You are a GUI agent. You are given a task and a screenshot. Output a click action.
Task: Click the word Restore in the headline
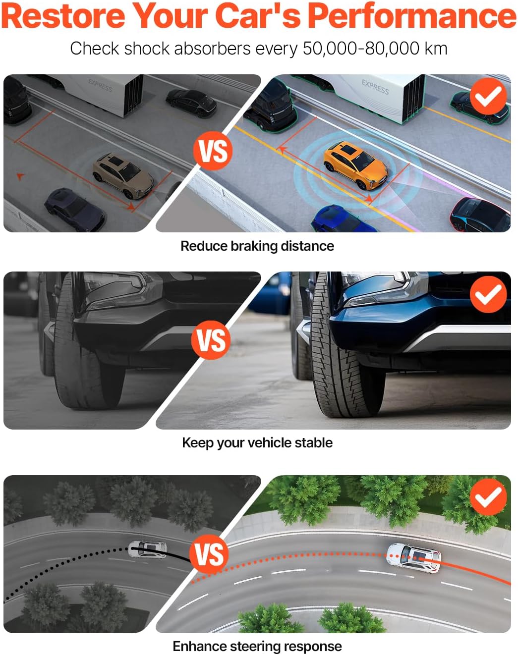(x=63, y=15)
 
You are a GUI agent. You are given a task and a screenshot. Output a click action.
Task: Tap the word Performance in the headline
(x=412, y=15)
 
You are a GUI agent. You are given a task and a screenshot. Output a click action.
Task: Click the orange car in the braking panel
(x=356, y=165)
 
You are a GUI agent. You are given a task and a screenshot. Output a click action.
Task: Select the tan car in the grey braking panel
(x=123, y=175)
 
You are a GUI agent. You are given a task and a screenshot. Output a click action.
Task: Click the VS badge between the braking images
(x=213, y=151)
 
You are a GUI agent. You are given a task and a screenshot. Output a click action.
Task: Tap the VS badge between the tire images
(x=211, y=340)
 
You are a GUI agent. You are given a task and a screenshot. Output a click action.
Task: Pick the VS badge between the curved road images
(x=209, y=554)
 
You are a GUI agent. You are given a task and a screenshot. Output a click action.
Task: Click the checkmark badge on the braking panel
(x=488, y=96)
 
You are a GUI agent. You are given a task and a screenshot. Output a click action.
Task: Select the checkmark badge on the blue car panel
(x=488, y=294)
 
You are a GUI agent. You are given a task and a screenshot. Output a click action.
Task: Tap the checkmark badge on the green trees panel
(x=488, y=497)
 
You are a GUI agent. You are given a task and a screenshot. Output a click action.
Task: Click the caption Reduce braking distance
(x=257, y=246)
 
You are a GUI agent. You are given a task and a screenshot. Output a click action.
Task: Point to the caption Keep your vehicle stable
(x=257, y=443)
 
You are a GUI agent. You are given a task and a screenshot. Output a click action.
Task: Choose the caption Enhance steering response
(x=257, y=646)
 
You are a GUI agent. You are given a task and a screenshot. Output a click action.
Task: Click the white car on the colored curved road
(x=413, y=558)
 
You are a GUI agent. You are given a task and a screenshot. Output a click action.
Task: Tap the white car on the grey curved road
(x=147, y=549)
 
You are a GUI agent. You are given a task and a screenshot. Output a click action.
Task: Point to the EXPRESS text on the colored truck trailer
(x=375, y=87)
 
